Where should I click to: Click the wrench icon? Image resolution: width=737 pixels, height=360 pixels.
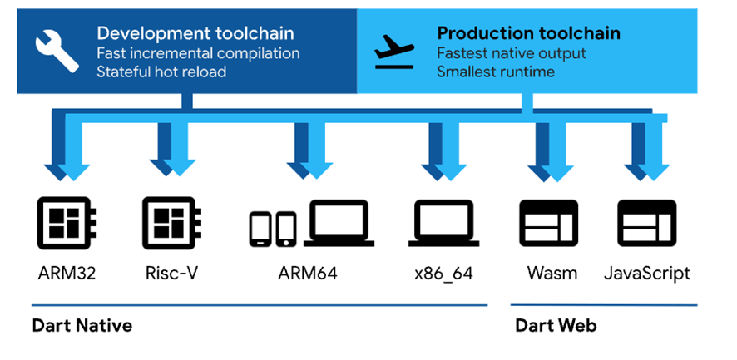pyautogui.click(x=57, y=52)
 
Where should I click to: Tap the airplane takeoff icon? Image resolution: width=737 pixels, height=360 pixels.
pyautogui.click(x=394, y=52)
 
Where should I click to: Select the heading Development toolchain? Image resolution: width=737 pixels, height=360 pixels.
pyautogui.click(x=195, y=33)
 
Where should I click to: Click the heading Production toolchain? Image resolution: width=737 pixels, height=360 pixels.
pyautogui.click(x=529, y=33)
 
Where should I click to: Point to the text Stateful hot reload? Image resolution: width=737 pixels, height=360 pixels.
pyautogui.click(x=161, y=72)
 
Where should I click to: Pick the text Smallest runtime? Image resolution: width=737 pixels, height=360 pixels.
pyautogui.click(x=496, y=72)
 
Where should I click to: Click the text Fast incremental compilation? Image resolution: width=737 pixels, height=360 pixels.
pyautogui.click(x=198, y=53)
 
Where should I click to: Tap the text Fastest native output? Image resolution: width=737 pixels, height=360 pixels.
pyautogui.click(x=512, y=53)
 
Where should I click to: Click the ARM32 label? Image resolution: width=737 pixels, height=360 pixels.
pyautogui.click(x=67, y=273)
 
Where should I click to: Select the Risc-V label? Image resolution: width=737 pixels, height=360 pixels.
pyautogui.click(x=172, y=273)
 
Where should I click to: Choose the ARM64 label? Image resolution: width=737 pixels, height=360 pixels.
pyautogui.click(x=308, y=273)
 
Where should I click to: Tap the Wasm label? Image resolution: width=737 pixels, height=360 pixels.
pyautogui.click(x=552, y=273)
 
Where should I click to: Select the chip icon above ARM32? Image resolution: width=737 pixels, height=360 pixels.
pyautogui.click(x=67, y=223)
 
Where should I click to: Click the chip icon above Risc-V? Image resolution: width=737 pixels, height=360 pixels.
pyautogui.click(x=172, y=223)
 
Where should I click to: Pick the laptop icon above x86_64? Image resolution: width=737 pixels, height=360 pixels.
pyautogui.click(x=443, y=224)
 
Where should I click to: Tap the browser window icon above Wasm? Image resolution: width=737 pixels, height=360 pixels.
pyautogui.click(x=549, y=224)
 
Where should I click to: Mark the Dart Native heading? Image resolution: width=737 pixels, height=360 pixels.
pyautogui.click(x=82, y=326)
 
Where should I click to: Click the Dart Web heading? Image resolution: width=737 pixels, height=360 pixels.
pyautogui.click(x=556, y=326)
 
